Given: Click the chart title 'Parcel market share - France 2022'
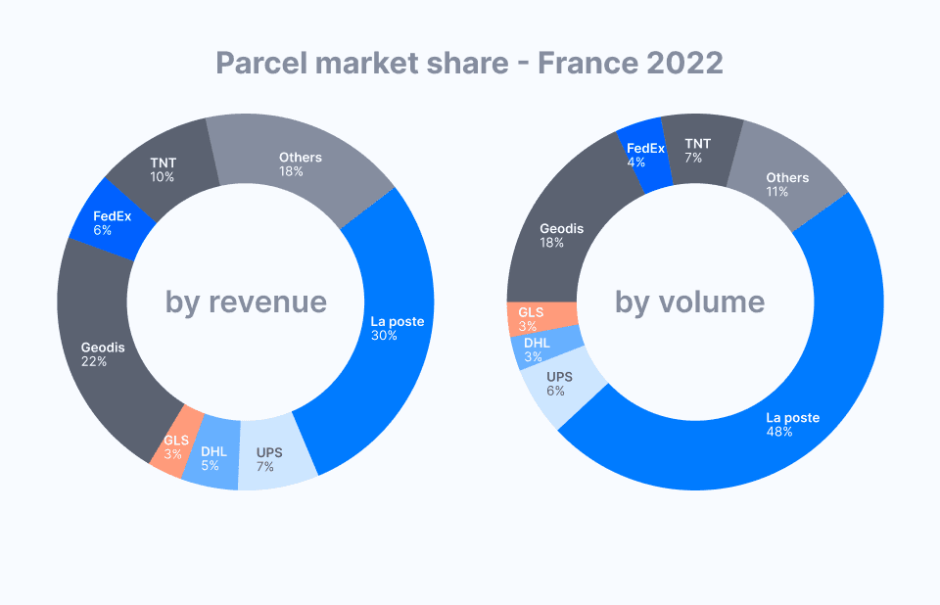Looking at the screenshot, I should (x=469, y=64).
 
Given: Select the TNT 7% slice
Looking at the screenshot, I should (x=697, y=149).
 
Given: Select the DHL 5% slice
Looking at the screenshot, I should (x=213, y=458).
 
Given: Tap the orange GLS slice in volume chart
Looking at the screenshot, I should (x=534, y=318).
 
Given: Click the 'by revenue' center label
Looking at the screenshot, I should (x=246, y=302).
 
